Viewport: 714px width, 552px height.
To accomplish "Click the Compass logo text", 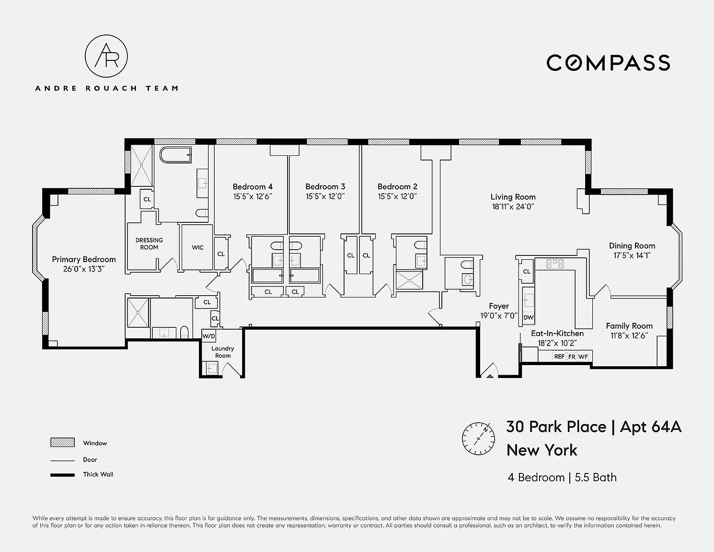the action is pyautogui.click(x=608, y=63).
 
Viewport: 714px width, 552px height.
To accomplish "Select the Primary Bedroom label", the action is pyautogui.click(x=84, y=259).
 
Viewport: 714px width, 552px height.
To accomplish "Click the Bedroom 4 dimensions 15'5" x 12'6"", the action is pyautogui.click(x=253, y=196).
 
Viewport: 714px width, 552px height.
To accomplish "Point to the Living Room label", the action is pyautogui.click(x=513, y=197).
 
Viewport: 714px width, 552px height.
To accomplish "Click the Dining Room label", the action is pyautogui.click(x=632, y=246).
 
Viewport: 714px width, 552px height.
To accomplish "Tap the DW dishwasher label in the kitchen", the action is pyautogui.click(x=529, y=317).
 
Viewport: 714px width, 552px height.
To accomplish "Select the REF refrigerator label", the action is pyautogui.click(x=559, y=356).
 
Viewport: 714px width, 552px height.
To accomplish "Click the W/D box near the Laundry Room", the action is pyautogui.click(x=208, y=336).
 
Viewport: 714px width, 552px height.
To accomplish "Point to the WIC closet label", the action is pyautogui.click(x=197, y=247).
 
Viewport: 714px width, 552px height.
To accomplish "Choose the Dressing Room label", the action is pyautogui.click(x=149, y=244).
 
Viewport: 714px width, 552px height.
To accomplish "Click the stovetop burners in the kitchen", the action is pyautogui.click(x=555, y=264).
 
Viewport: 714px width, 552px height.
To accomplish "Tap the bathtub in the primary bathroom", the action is pyautogui.click(x=176, y=155).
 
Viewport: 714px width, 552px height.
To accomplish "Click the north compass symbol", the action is pyautogui.click(x=478, y=438).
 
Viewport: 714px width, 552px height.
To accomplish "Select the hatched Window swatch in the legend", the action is pyautogui.click(x=62, y=442).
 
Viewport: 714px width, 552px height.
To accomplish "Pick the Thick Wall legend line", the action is pyautogui.click(x=62, y=475).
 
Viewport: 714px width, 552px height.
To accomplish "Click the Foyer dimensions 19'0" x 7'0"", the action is pyautogui.click(x=499, y=316).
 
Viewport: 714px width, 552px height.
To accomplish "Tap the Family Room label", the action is pyautogui.click(x=629, y=326).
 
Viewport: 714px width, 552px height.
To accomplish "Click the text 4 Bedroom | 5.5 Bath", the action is pyautogui.click(x=562, y=477).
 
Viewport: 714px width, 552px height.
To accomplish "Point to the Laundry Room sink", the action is pyautogui.click(x=211, y=368).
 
